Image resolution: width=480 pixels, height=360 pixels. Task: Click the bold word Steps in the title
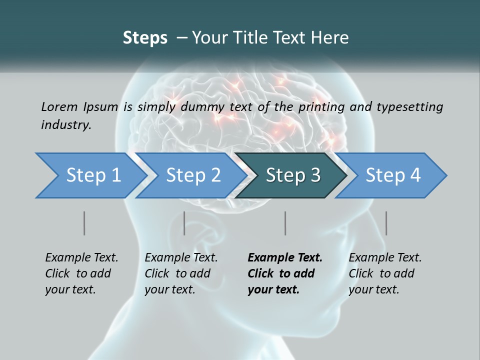(145, 38)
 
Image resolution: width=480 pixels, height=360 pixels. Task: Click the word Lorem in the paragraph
(59, 106)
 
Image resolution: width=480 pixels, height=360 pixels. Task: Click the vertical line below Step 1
(84, 223)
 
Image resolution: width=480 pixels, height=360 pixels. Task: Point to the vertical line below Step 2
(184, 223)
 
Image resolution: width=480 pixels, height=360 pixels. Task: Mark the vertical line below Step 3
(285, 223)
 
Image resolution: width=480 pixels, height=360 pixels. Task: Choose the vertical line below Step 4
(386, 223)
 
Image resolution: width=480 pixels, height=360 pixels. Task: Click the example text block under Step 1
(81, 273)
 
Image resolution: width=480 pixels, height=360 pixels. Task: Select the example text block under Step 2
(181, 273)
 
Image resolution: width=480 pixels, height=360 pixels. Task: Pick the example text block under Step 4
(385, 273)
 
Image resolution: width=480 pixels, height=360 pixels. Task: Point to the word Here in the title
(332, 38)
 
